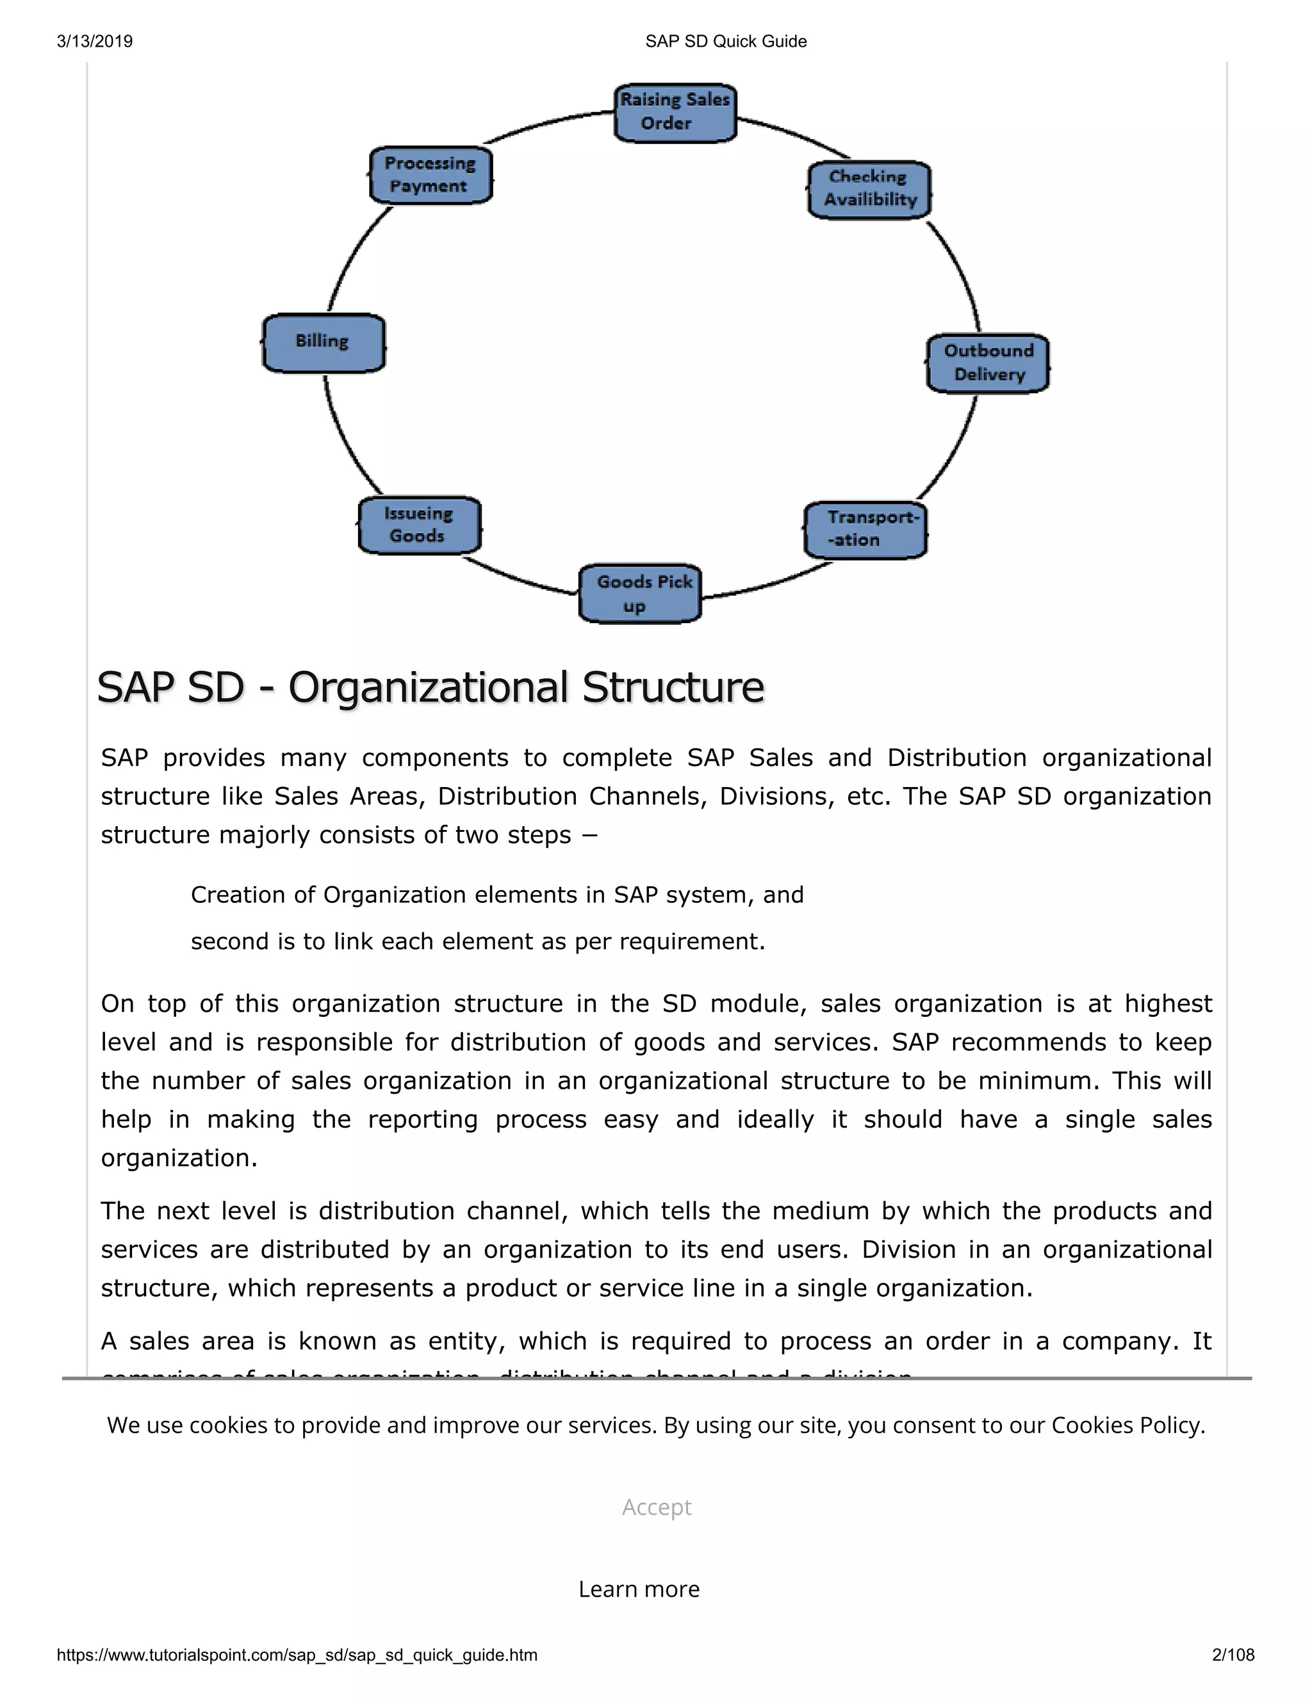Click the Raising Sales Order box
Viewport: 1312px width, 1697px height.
coord(675,113)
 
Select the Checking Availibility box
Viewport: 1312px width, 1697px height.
coord(869,190)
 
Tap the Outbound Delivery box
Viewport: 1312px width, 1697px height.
coord(988,363)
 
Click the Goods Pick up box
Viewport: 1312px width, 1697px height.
coord(641,594)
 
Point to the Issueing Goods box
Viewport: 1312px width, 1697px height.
coord(420,525)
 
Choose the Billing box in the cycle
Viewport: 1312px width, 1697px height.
coord(324,343)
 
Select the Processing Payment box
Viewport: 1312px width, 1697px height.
coord(430,175)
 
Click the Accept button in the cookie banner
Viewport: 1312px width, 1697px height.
coord(656,1507)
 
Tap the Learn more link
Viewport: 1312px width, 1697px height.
coord(639,1589)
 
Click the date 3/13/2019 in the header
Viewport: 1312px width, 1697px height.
coord(95,41)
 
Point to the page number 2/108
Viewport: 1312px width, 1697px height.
coord(1233,1655)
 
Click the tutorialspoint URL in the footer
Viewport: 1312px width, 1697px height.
coord(297,1655)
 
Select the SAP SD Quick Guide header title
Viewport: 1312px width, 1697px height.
coord(726,41)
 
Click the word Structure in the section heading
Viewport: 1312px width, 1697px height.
coord(673,688)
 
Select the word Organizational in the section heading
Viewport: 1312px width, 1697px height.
coord(429,688)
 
